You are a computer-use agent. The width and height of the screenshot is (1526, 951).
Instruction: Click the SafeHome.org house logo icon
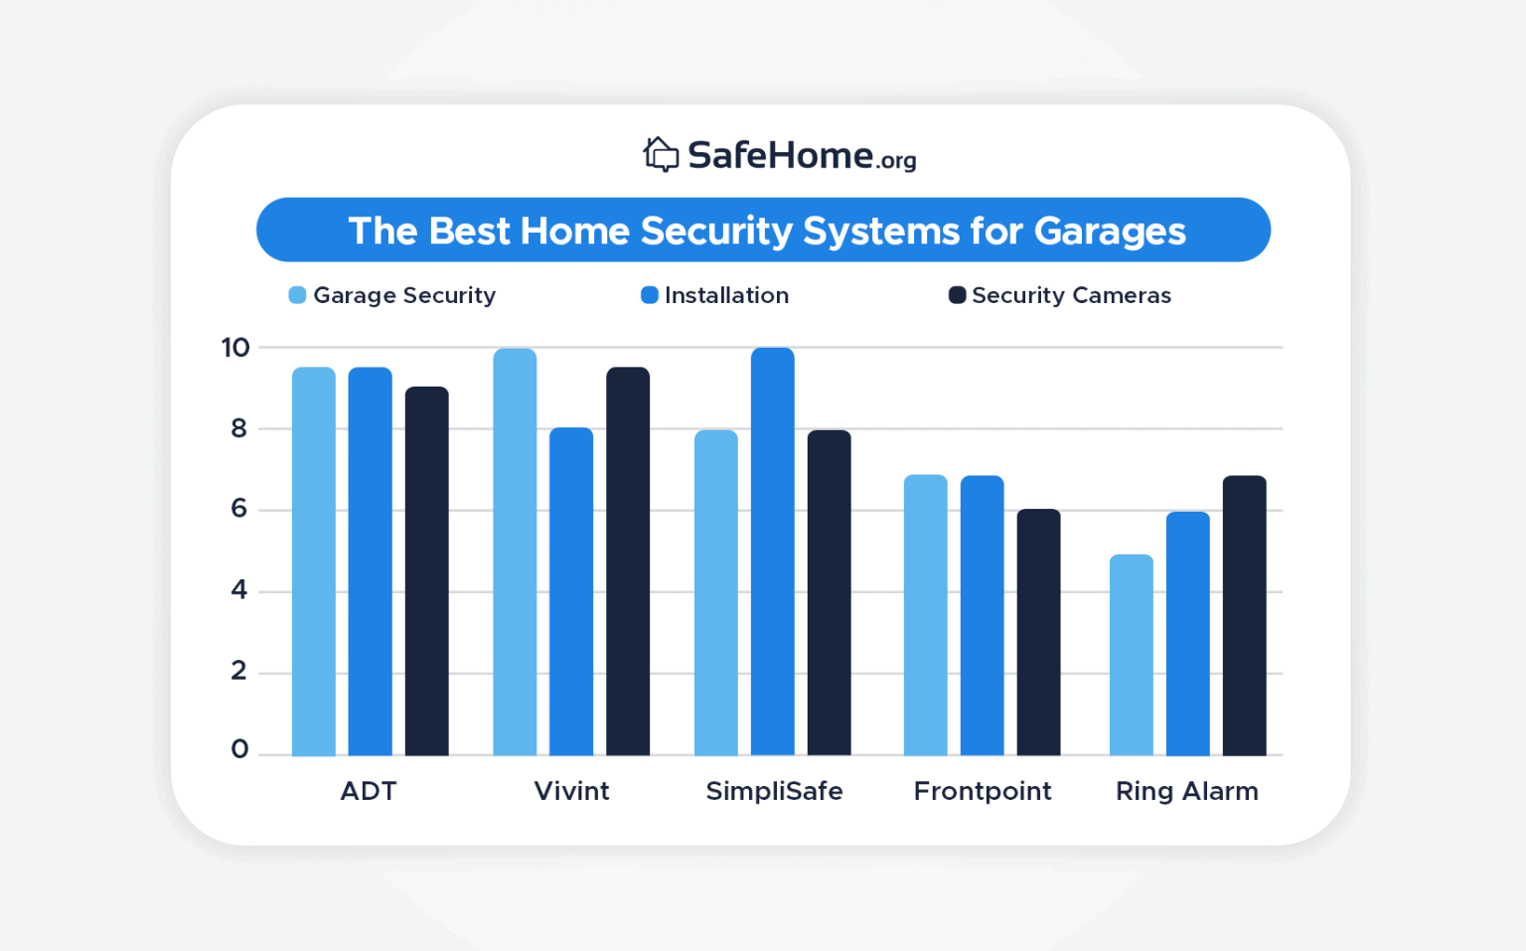pyautogui.click(x=661, y=155)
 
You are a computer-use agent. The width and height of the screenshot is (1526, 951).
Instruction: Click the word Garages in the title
pyautogui.click(x=1110, y=231)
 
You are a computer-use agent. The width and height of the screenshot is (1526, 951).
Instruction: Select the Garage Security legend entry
pyautogui.click(x=392, y=295)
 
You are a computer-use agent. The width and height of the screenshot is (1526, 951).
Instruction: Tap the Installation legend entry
pyautogui.click(x=715, y=295)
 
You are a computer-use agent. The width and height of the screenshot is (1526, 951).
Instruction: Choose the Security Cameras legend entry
pyautogui.click(x=1060, y=295)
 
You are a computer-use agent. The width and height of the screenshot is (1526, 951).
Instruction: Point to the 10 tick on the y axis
pyautogui.click(x=235, y=348)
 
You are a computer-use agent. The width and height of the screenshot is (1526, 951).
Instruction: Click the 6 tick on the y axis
pyautogui.click(x=238, y=509)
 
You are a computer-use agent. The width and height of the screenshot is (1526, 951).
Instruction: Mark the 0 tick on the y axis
pyautogui.click(x=239, y=749)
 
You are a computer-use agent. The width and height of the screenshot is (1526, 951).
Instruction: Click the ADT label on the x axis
pyautogui.click(x=369, y=791)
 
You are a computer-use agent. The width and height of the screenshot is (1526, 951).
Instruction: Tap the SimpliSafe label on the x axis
pyautogui.click(x=774, y=791)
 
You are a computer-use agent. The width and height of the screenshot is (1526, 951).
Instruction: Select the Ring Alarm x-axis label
pyautogui.click(x=1186, y=791)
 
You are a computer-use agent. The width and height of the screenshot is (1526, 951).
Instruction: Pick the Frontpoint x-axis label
pyautogui.click(x=982, y=791)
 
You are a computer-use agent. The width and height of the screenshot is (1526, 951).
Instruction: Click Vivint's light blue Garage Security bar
pyautogui.click(x=515, y=552)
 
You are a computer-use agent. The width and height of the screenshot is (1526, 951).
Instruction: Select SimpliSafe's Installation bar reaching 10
pyautogui.click(x=772, y=552)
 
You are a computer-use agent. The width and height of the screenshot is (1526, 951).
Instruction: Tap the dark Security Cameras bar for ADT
pyautogui.click(x=426, y=571)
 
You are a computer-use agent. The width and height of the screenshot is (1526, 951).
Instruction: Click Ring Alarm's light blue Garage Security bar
pyautogui.click(x=1131, y=656)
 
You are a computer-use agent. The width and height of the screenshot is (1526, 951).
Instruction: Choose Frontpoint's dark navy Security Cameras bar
pyautogui.click(x=1038, y=633)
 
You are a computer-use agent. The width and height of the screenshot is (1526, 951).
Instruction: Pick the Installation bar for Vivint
pyautogui.click(x=571, y=591)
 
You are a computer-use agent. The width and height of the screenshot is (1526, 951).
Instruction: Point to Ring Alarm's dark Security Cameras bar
pyautogui.click(x=1244, y=616)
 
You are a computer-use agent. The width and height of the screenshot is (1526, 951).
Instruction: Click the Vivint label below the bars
pyautogui.click(x=571, y=791)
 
